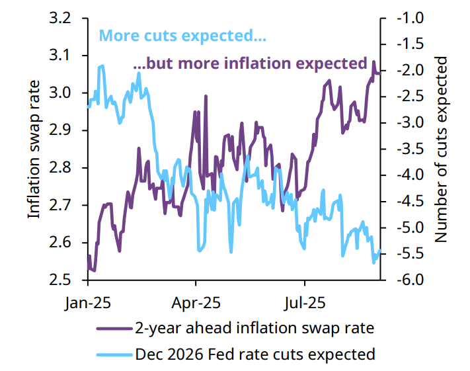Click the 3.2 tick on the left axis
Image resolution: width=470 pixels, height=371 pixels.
(60, 19)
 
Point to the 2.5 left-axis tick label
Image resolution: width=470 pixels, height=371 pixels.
(60, 280)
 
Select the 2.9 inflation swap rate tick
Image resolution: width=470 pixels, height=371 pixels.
(60, 130)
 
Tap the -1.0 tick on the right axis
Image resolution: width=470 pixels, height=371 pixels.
(411, 19)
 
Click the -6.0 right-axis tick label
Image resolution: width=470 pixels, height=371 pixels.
(411, 280)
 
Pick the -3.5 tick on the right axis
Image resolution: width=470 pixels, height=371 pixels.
(411, 149)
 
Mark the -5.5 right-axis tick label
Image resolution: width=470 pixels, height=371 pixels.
(411, 254)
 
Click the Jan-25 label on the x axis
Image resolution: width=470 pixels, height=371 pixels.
(87, 303)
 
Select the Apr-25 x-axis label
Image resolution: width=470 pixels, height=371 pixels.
(196, 303)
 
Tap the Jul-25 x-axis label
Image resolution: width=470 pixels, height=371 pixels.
(305, 303)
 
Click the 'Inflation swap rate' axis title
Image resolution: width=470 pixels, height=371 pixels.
(34, 149)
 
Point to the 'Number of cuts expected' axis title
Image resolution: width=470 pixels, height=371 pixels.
(441, 149)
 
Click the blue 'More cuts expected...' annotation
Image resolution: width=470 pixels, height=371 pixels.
(182, 36)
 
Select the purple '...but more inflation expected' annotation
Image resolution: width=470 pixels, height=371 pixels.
(251, 63)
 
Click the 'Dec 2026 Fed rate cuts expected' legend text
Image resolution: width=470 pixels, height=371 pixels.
(255, 354)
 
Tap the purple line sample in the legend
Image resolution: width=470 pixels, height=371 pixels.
(114, 329)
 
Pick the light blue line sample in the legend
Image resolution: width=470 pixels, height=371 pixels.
(114, 355)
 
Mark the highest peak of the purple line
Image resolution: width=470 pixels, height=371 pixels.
(373, 62)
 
